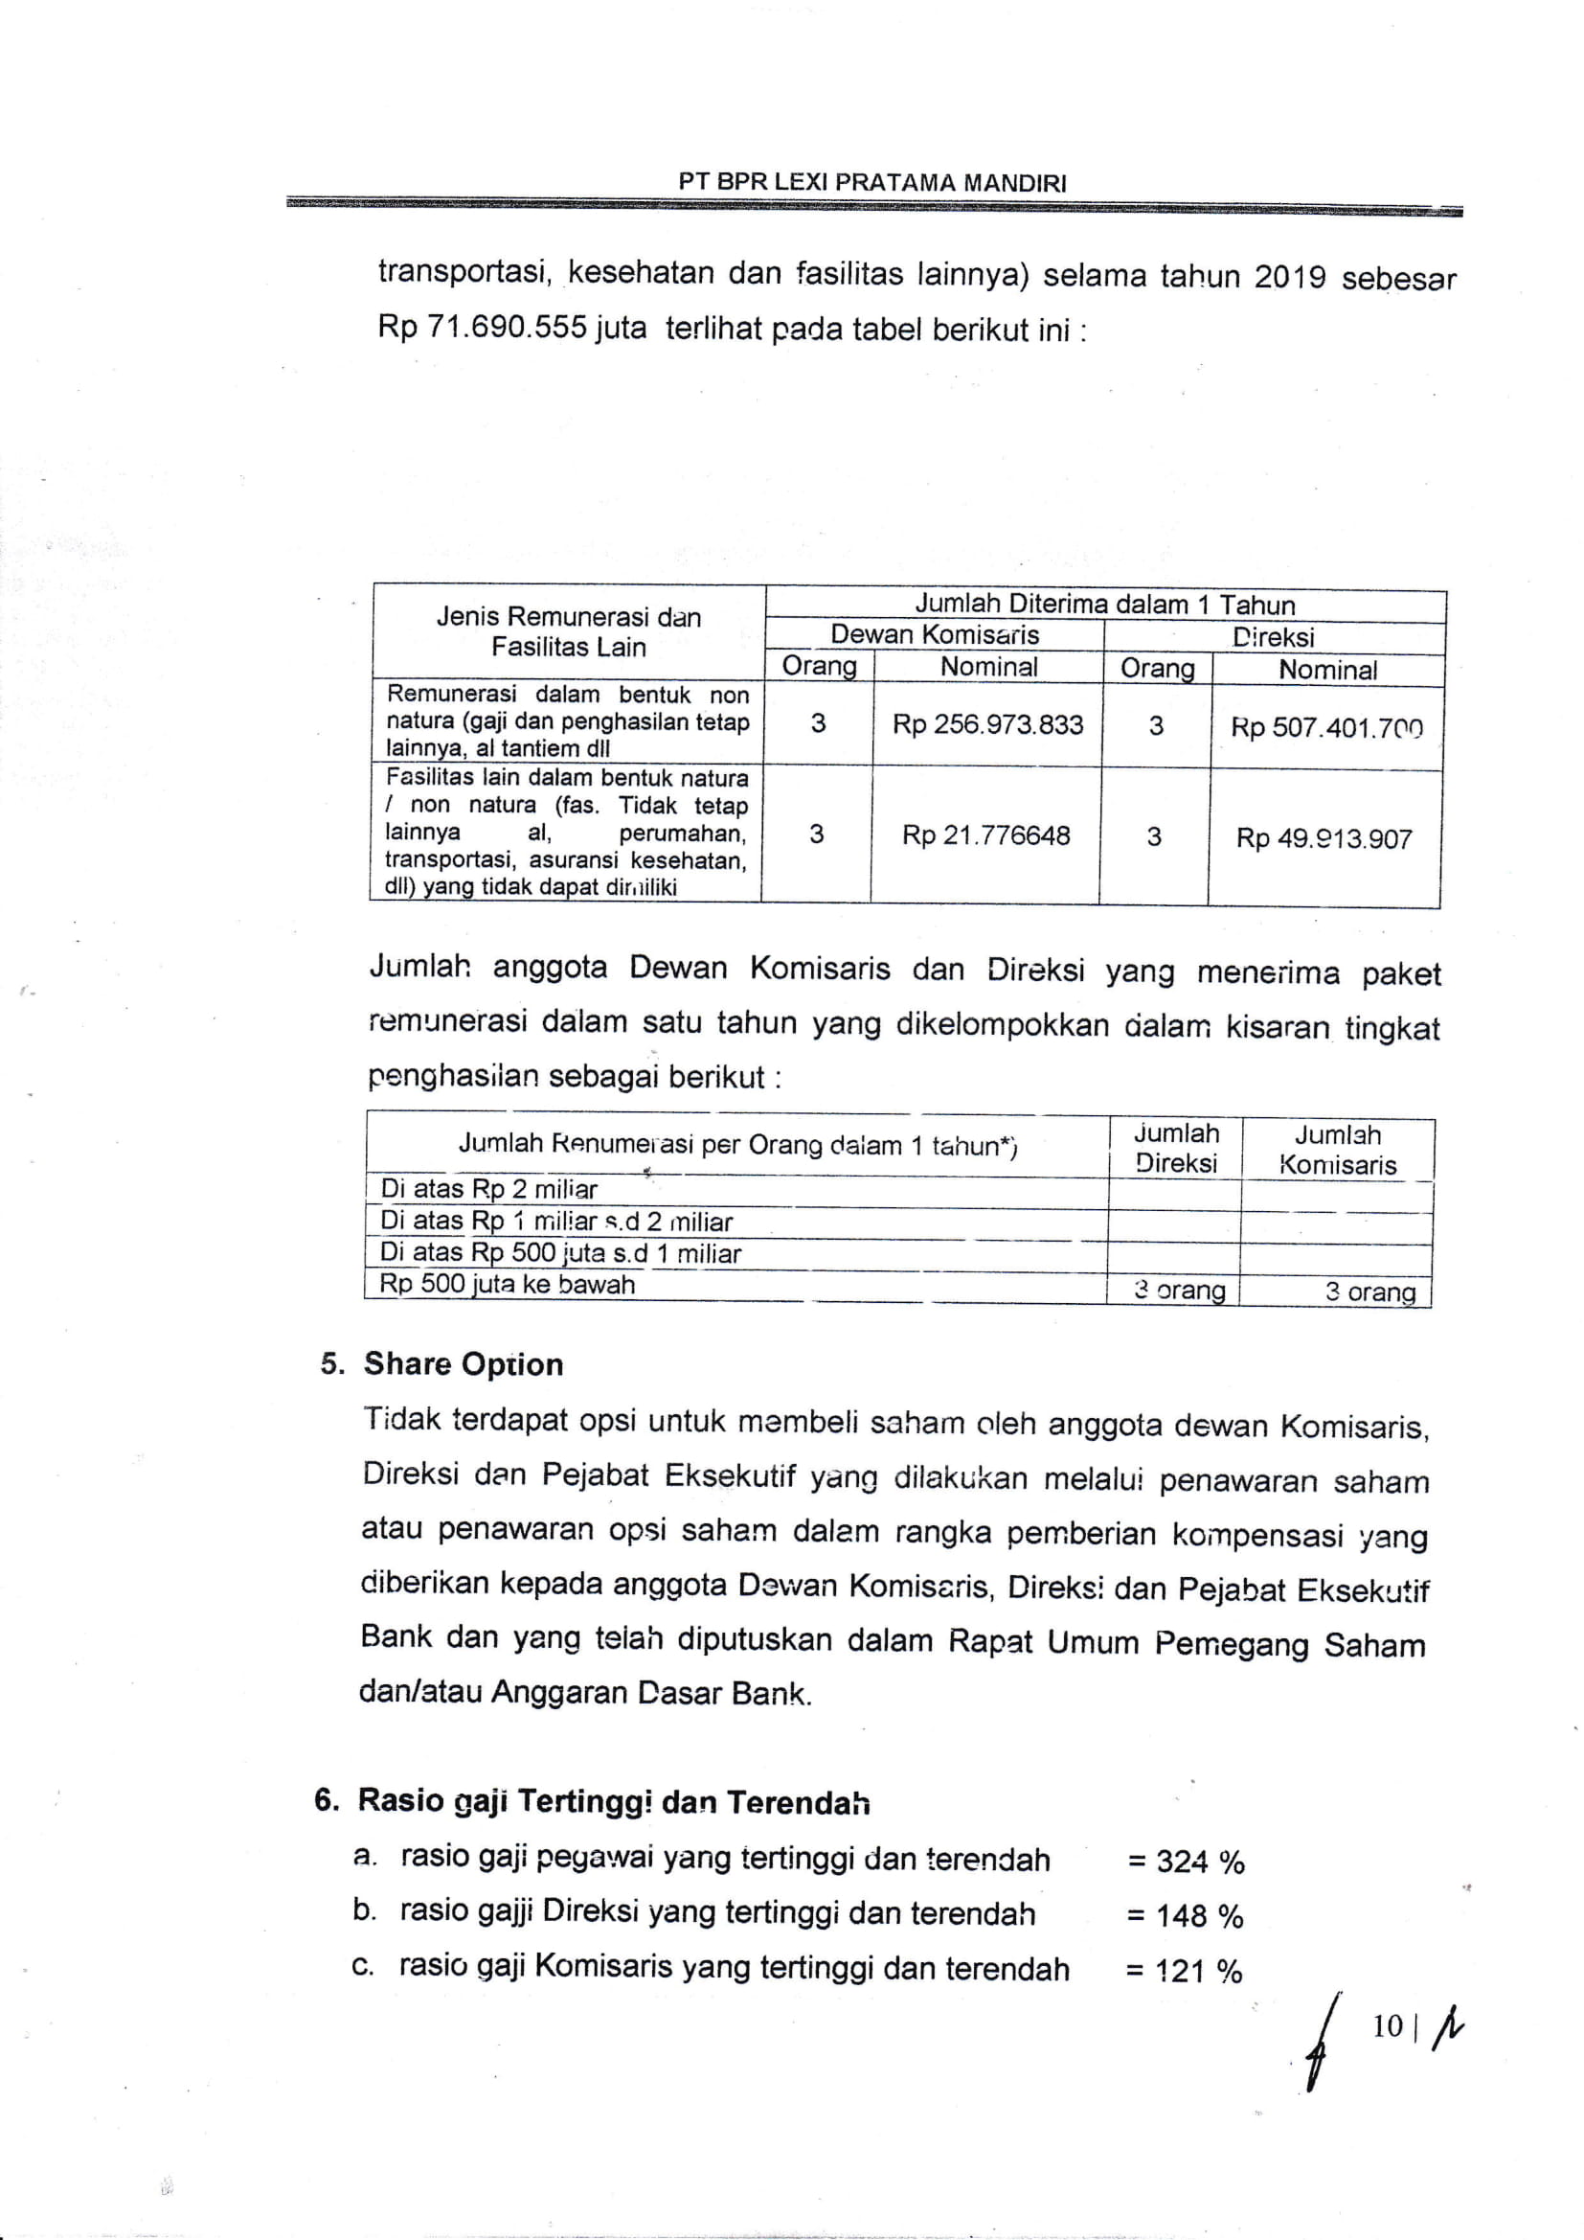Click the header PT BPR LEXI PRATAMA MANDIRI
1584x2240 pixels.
click(x=873, y=182)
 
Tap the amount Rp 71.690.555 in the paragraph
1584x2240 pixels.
click(x=482, y=327)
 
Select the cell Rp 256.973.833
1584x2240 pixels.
click(x=987, y=725)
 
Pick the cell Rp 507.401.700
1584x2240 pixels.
click(x=1325, y=728)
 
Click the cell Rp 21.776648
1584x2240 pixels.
click(x=985, y=835)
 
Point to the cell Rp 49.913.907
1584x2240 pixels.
click(x=1324, y=838)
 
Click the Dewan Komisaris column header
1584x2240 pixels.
click(x=935, y=635)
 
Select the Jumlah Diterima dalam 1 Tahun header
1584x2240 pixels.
click(x=1104, y=605)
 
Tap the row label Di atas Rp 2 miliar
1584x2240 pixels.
click(x=488, y=1189)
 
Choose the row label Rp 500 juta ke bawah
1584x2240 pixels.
click(x=508, y=1284)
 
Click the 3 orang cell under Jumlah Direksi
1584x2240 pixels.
click(x=1179, y=1291)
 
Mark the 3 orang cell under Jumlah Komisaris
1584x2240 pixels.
click(x=1369, y=1291)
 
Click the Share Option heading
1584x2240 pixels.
click(x=464, y=1364)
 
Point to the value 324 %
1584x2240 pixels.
click(x=1200, y=1862)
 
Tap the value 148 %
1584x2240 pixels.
click(x=1199, y=1916)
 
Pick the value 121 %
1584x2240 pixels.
click(x=1198, y=1971)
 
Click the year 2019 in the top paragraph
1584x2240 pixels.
click(x=1289, y=277)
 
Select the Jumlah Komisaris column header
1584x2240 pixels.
click(x=1337, y=1150)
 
